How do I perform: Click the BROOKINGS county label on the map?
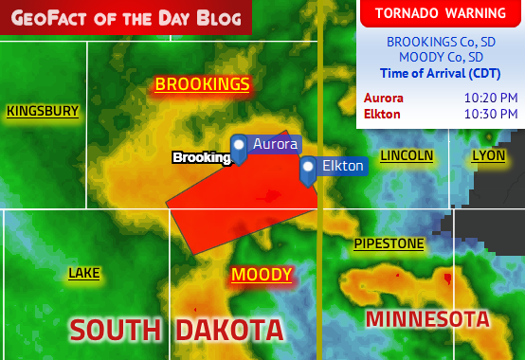[202, 84]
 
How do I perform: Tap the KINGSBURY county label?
[43, 111]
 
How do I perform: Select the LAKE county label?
[83, 273]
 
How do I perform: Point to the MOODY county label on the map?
[262, 275]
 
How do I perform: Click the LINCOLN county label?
[407, 154]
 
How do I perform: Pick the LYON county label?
[488, 154]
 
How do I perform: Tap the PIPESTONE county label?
[389, 243]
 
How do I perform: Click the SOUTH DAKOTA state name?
[176, 330]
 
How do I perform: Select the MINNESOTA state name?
[427, 318]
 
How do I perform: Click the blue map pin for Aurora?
[239, 147]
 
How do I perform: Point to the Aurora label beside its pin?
[275, 144]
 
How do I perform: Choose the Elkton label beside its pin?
[342, 166]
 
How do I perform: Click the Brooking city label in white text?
[201, 157]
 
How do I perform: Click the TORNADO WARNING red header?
[440, 12]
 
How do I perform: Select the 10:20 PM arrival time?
[490, 98]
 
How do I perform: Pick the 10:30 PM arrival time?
[490, 114]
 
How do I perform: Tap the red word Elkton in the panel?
[382, 114]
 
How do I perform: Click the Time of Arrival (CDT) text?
[440, 73]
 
